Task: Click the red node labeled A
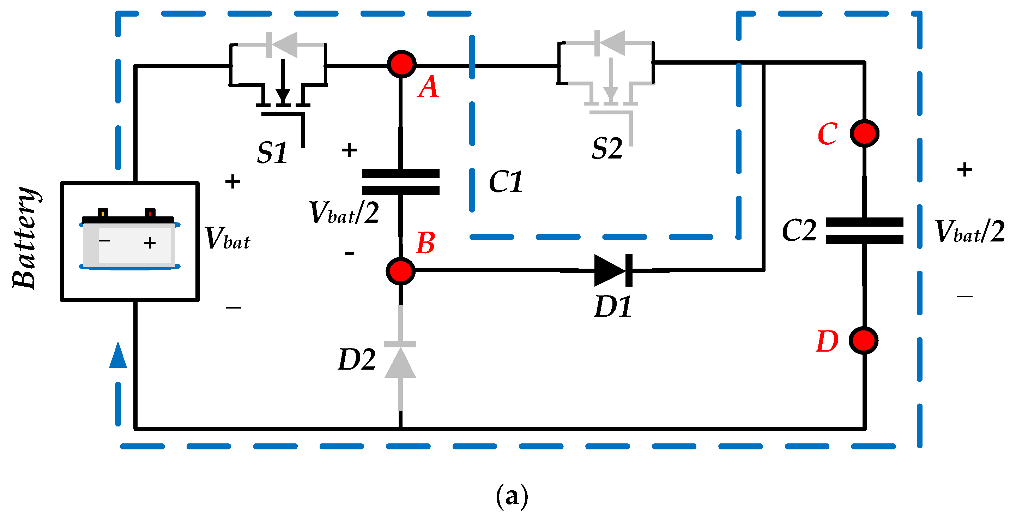(x=401, y=64)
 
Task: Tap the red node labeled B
(x=400, y=271)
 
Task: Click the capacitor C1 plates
(x=400, y=181)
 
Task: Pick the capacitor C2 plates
(x=864, y=231)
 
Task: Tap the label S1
(x=272, y=153)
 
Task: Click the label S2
(x=607, y=149)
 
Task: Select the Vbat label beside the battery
(x=227, y=238)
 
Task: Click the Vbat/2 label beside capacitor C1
(x=344, y=213)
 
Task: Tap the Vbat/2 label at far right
(x=969, y=232)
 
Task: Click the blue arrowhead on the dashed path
(x=118, y=355)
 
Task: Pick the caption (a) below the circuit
(x=512, y=496)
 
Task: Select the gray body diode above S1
(x=282, y=44)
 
